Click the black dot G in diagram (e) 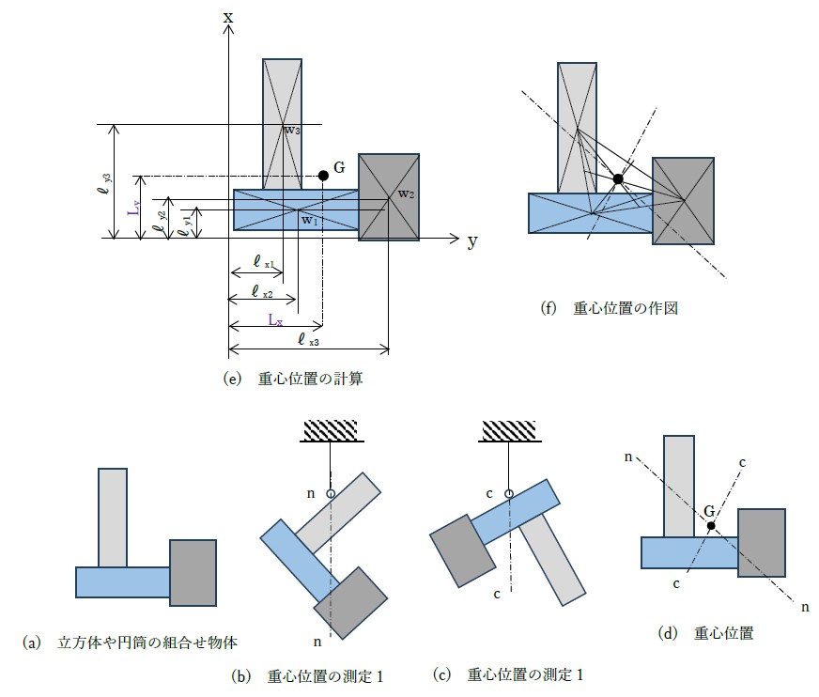323,175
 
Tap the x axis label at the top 228,17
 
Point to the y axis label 472,241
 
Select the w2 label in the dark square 406,194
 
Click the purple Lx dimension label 274,319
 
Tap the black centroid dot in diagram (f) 618,178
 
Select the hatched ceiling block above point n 331,430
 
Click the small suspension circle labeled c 509,493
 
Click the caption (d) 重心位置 705,633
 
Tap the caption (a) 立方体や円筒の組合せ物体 130,643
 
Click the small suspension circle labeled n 331,493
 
